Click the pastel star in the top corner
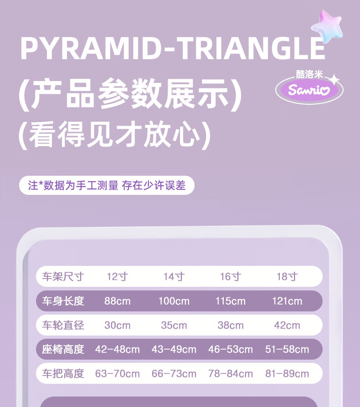pos(327,26)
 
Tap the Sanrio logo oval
pos(309,90)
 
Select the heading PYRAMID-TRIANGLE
pos(173,49)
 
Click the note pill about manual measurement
pos(107,185)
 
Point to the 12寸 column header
pos(118,277)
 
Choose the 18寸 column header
pos(287,277)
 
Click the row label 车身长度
pos(63,301)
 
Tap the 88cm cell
pos(118,301)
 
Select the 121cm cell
pos(287,301)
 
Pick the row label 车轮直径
pos(63,325)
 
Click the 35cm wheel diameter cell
pos(174,325)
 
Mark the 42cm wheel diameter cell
pos(287,325)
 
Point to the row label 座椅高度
pos(63,349)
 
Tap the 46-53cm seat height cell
pos(231,349)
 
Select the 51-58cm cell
pos(287,349)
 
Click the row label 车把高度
pos(63,374)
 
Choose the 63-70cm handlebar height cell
pos(118,374)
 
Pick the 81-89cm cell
pos(287,374)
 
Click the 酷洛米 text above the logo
pos(309,75)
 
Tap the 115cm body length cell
pos(231,301)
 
